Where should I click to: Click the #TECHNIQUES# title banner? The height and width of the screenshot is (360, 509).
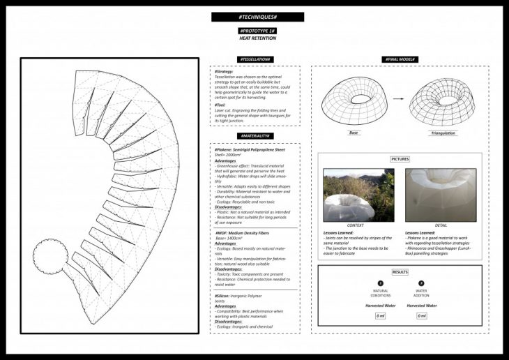(257, 17)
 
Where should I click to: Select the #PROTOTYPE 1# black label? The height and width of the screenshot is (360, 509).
(257, 31)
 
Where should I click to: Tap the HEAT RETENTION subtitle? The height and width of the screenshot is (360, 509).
(257, 38)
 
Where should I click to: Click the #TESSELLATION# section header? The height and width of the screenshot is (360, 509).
(255, 59)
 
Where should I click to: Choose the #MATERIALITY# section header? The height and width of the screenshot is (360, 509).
(255, 136)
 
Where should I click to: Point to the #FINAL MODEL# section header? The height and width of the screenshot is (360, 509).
(400, 59)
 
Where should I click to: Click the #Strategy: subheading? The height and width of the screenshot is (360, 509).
(225, 72)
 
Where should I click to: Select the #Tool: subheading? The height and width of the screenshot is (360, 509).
(220, 105)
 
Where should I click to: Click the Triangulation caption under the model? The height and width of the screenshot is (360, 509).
(443, 132)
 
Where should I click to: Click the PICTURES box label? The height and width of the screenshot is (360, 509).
(400, 159)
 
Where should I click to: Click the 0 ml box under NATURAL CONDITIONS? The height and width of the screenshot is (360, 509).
(381, 316)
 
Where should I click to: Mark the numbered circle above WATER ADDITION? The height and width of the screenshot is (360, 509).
(420, 284)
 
